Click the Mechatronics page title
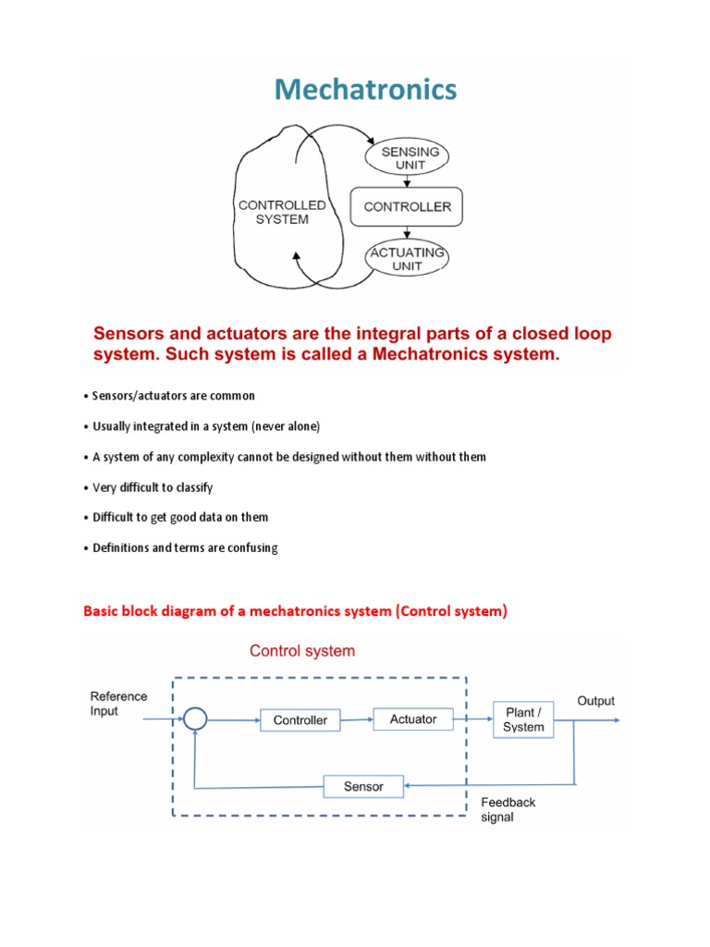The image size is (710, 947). click(x=365, y=90)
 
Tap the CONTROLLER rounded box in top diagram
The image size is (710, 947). click(x=407, y=207)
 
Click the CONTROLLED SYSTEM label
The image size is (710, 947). click(x=282, y=212)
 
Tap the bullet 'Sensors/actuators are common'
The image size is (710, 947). click(x=173, y=396)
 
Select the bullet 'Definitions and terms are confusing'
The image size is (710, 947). click(x=185, y=547)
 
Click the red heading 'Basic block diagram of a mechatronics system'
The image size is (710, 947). click(x=295, y=611)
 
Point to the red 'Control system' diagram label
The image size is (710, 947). click(x=301, y=651)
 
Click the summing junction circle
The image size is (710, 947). click(x=193, y=719)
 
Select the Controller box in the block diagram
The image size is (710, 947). click(x=300, y=719)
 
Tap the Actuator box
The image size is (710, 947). click(x=413, y=719)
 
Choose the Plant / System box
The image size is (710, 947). click(x=523, y=719)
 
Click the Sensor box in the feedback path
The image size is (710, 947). click(x=362, y=786)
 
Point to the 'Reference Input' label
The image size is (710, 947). click(x=117, y=704)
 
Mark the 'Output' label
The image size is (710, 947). click(x=595, y=701)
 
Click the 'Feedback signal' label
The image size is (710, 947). click(x=508, y=810)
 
